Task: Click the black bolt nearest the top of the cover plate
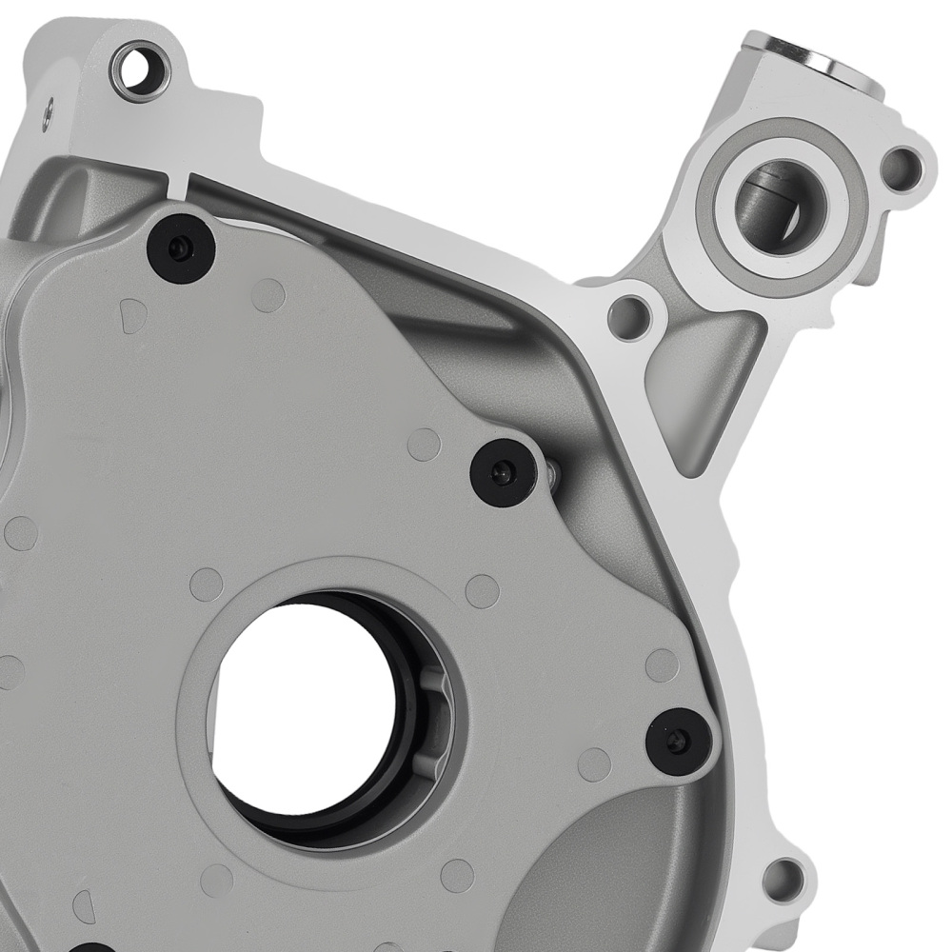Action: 181,248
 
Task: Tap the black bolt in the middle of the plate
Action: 504,472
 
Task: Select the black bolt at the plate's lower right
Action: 678,741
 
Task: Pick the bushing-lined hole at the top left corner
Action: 141,70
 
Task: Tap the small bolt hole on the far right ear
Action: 900,169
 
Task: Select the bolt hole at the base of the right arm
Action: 629,316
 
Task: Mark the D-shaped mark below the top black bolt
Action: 133,315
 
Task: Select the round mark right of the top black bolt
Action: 268,295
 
